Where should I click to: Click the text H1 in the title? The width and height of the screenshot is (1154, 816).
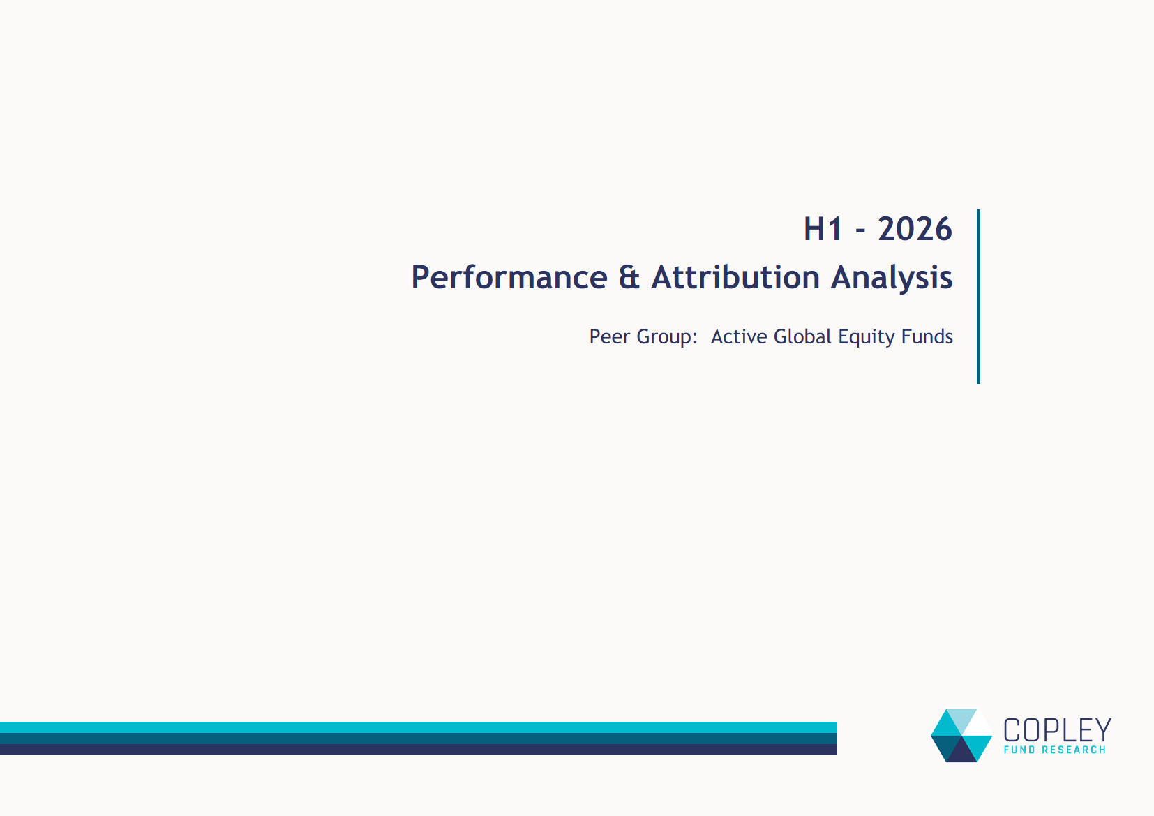tap(823, 229)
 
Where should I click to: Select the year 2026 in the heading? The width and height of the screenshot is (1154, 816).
tap(915, 229)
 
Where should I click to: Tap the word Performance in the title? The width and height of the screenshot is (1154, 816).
tap(509, 277)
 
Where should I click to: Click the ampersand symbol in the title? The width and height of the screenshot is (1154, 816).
tap(629, 277)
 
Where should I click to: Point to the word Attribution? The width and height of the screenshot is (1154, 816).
tap(735, 277)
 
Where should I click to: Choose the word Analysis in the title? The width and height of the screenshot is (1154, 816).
tap(892, 277)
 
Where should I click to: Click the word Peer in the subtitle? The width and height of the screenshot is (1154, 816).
tap(610, 336)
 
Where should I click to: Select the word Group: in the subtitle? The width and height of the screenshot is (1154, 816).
tap(667, 337)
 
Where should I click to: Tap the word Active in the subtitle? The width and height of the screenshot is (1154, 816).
tap(739, 336)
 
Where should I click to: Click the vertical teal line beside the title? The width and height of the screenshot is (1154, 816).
tap(978, 297)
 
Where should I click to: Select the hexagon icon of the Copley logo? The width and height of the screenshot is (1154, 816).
tap(961, 736)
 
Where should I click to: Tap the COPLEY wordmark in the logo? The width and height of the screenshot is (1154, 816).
tap(1057, 730)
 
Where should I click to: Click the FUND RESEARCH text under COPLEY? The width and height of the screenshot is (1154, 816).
tap(1054, 750)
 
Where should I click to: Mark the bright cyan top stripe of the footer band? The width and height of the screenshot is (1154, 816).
tap(419, 727)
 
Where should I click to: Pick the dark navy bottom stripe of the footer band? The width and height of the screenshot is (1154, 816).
tap(419, 750)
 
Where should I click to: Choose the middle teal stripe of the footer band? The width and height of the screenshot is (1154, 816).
tap(419, 738)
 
